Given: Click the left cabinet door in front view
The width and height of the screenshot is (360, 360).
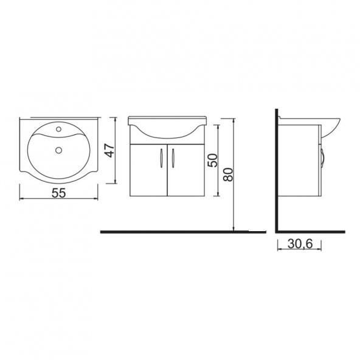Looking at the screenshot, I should [149, 170].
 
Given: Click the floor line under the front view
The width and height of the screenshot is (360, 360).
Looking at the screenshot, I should [182, 231].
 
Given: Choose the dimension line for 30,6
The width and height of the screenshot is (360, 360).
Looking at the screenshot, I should [299, 251].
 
